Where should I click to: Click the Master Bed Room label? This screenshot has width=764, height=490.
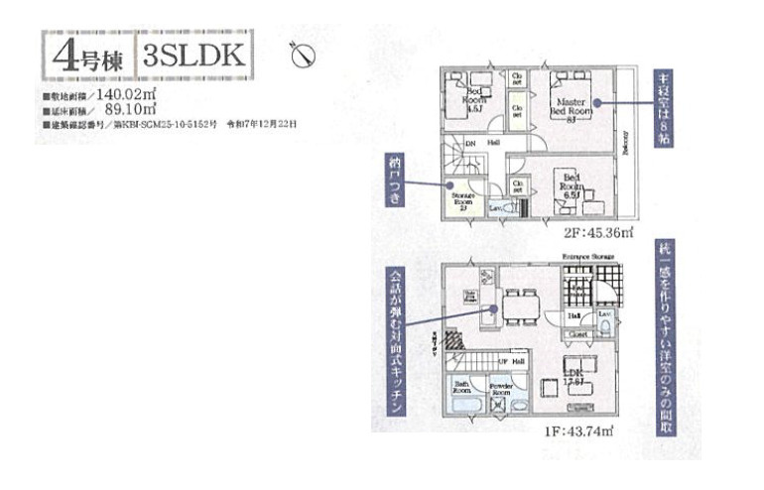point(573,107)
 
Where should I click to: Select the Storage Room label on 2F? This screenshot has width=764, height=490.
point(462,201)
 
